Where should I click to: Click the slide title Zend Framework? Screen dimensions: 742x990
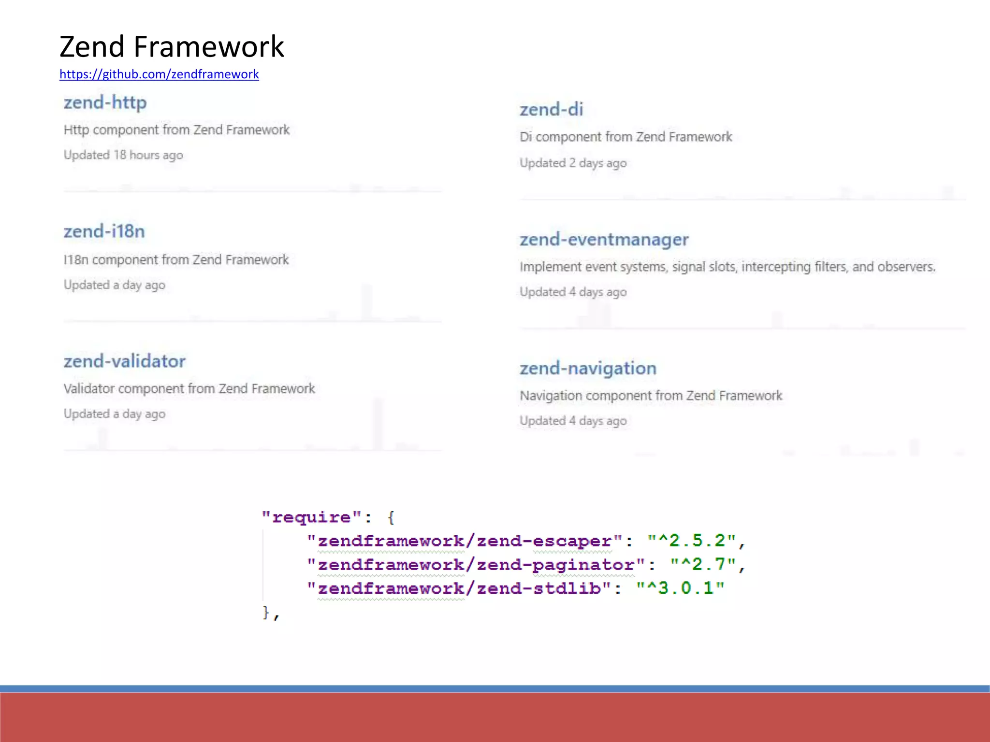(172, 47)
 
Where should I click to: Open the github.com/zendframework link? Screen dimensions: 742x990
(159, 74)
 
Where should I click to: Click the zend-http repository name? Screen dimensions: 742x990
(105, 102)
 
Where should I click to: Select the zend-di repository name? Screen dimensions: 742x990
(551, 110)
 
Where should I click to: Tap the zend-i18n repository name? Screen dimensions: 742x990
(104, 231)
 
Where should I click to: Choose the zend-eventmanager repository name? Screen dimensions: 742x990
(604, 239)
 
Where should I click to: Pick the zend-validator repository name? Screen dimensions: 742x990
(124, 361)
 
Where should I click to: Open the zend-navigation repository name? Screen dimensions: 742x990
(588, 368)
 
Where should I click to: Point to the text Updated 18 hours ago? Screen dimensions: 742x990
(123, 155)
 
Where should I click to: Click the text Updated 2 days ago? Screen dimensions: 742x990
(573, 163)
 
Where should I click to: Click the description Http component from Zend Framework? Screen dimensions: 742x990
(176, 130)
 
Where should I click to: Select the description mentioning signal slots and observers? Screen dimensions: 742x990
(728, 267)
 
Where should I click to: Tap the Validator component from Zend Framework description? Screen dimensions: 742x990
(189, 388)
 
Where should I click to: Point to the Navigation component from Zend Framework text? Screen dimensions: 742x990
(651, 396)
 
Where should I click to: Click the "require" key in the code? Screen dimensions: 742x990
(312, 517)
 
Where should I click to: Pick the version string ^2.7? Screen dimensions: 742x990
(703, 565)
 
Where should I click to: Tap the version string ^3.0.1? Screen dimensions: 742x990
(680, 588)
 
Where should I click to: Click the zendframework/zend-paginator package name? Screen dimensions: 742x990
(476, 565)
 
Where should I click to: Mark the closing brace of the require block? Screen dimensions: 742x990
(266, 613)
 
